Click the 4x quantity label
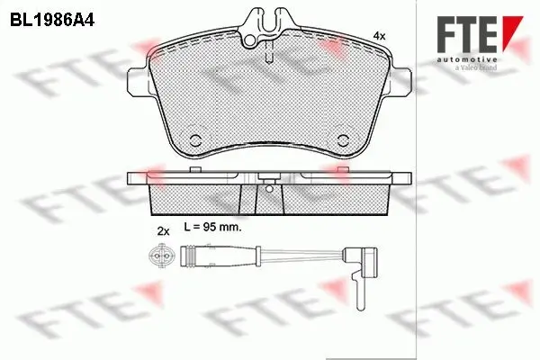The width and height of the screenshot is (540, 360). click(x=379, y=35)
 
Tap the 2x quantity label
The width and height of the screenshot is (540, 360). click(x=163, y=231)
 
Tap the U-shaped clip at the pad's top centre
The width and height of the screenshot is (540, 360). click(x=270, y=22)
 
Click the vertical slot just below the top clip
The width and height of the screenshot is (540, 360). click(x=270, y=54)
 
